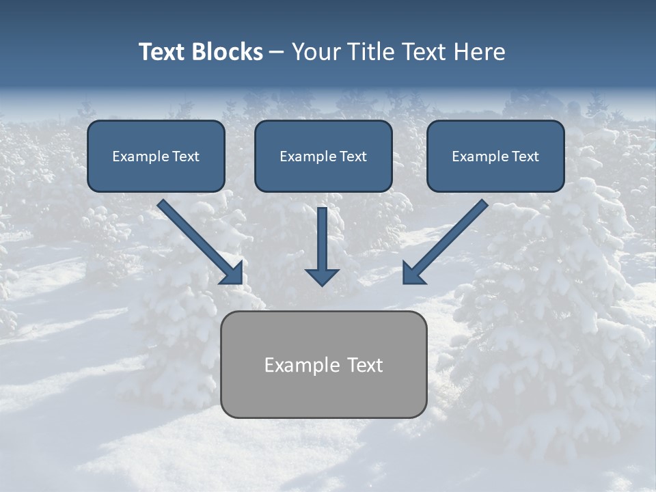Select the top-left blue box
pos(156,156)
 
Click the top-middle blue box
pos(323,156)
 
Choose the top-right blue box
pos(495,156)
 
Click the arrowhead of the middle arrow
pos(322,277)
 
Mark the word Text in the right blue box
pos(525,156)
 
